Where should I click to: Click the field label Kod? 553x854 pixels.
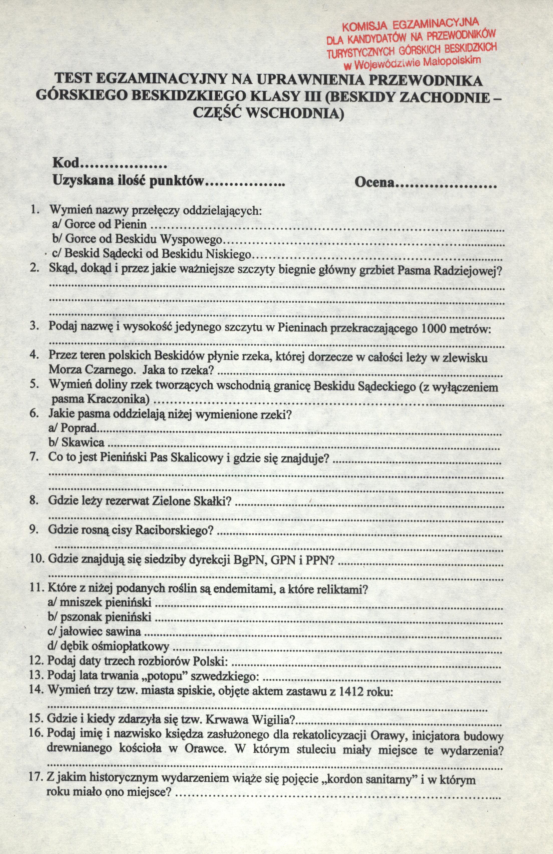[x=66, y=164]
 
